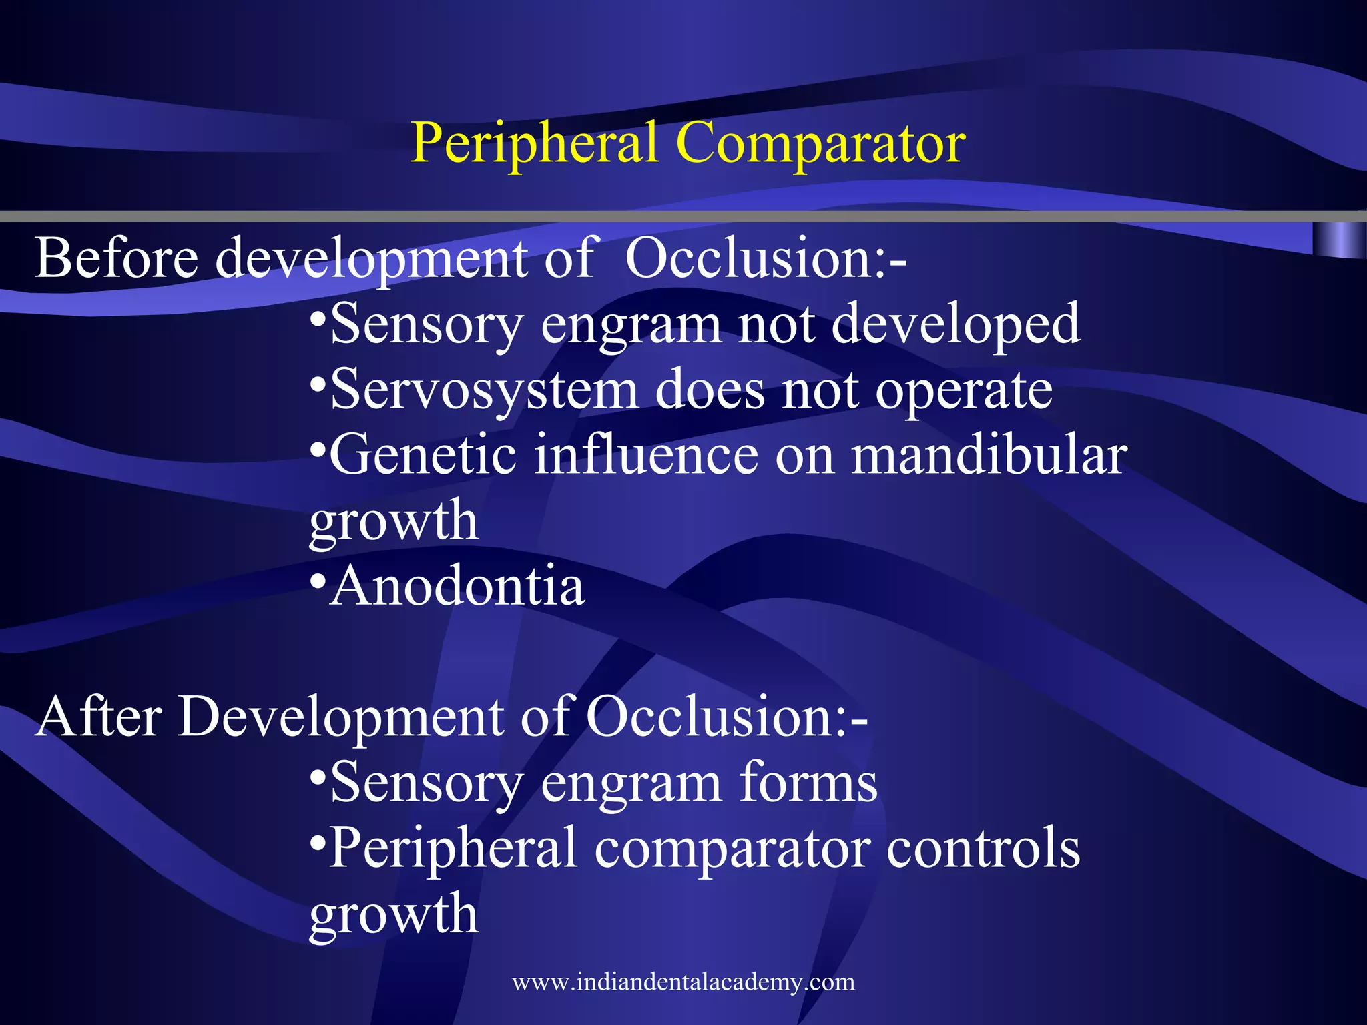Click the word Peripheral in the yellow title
[534, 143]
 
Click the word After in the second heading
[99, 717]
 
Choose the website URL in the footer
[683, 982]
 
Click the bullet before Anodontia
[318, 580]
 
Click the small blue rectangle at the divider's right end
[1338, 240]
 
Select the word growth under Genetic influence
[393, 521]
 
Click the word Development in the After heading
[341, 717]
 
